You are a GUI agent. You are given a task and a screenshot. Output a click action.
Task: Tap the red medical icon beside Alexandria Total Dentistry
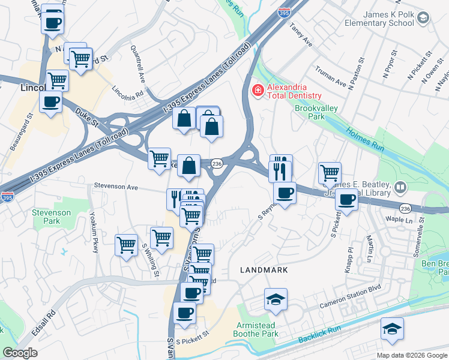[x=257, y=91]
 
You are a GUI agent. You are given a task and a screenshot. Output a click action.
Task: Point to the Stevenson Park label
[x=51, y=217]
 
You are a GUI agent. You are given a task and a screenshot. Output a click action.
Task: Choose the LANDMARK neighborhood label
[x=264, y=271]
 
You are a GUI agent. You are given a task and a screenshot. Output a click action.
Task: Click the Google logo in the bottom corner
[x=20, y=353]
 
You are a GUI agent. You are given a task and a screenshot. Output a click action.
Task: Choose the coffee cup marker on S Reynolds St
[x=285, y=193]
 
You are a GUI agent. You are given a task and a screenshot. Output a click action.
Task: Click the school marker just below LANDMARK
[x=276, y=299]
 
